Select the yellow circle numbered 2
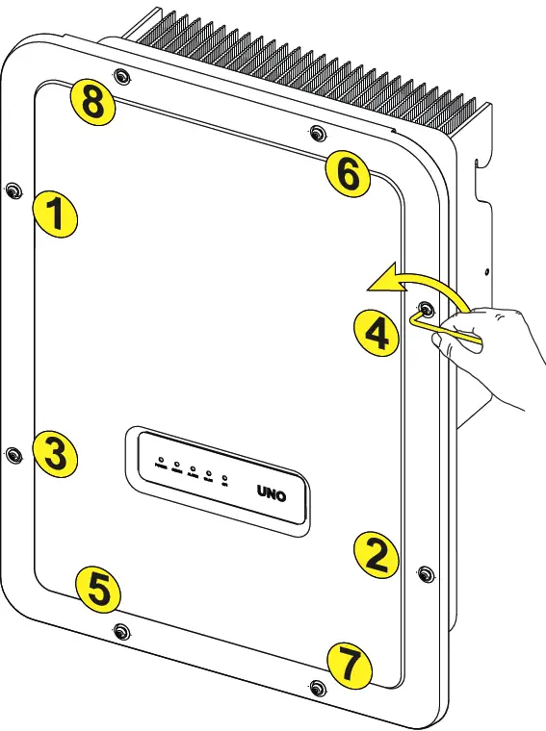tap(376, 553)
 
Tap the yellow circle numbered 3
tap(55, 452)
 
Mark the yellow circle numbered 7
tap(348, 664)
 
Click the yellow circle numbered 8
tap(91, 102)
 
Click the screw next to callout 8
tap(119, 76)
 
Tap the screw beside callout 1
tap(12, 190)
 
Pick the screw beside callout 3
tap(12, 453)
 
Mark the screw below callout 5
tap(119, 630)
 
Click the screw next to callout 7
tap(318, 687)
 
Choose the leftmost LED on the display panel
tap(161, 462)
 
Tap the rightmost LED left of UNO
tap(224, 477)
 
